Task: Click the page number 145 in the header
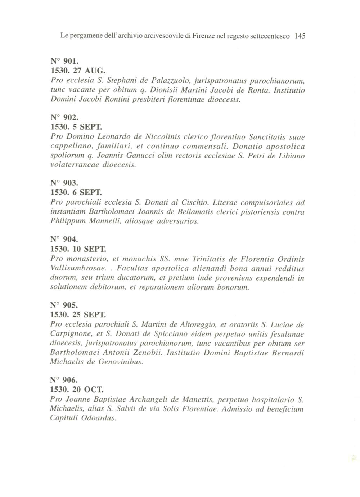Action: [300, 36]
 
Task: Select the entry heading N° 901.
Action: [63, 61]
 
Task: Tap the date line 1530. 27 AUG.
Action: [73, 71]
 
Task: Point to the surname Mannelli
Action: [104, 221]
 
